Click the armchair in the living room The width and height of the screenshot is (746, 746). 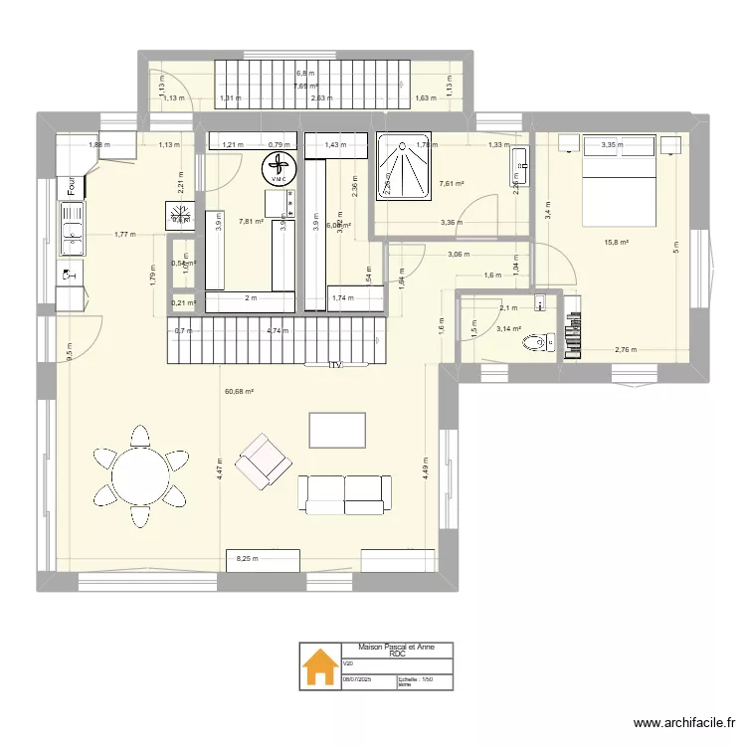[264, 462]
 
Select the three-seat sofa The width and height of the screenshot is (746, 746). [344, 494]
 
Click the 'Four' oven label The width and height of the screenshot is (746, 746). [72, 186]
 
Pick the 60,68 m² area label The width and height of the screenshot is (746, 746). [240, 392]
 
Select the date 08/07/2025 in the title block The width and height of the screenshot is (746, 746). [355, 680]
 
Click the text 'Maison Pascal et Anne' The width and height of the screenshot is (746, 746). [396, 647]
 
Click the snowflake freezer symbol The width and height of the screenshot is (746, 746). [181, 214]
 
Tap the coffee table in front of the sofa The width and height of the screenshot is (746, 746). [337, 430]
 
